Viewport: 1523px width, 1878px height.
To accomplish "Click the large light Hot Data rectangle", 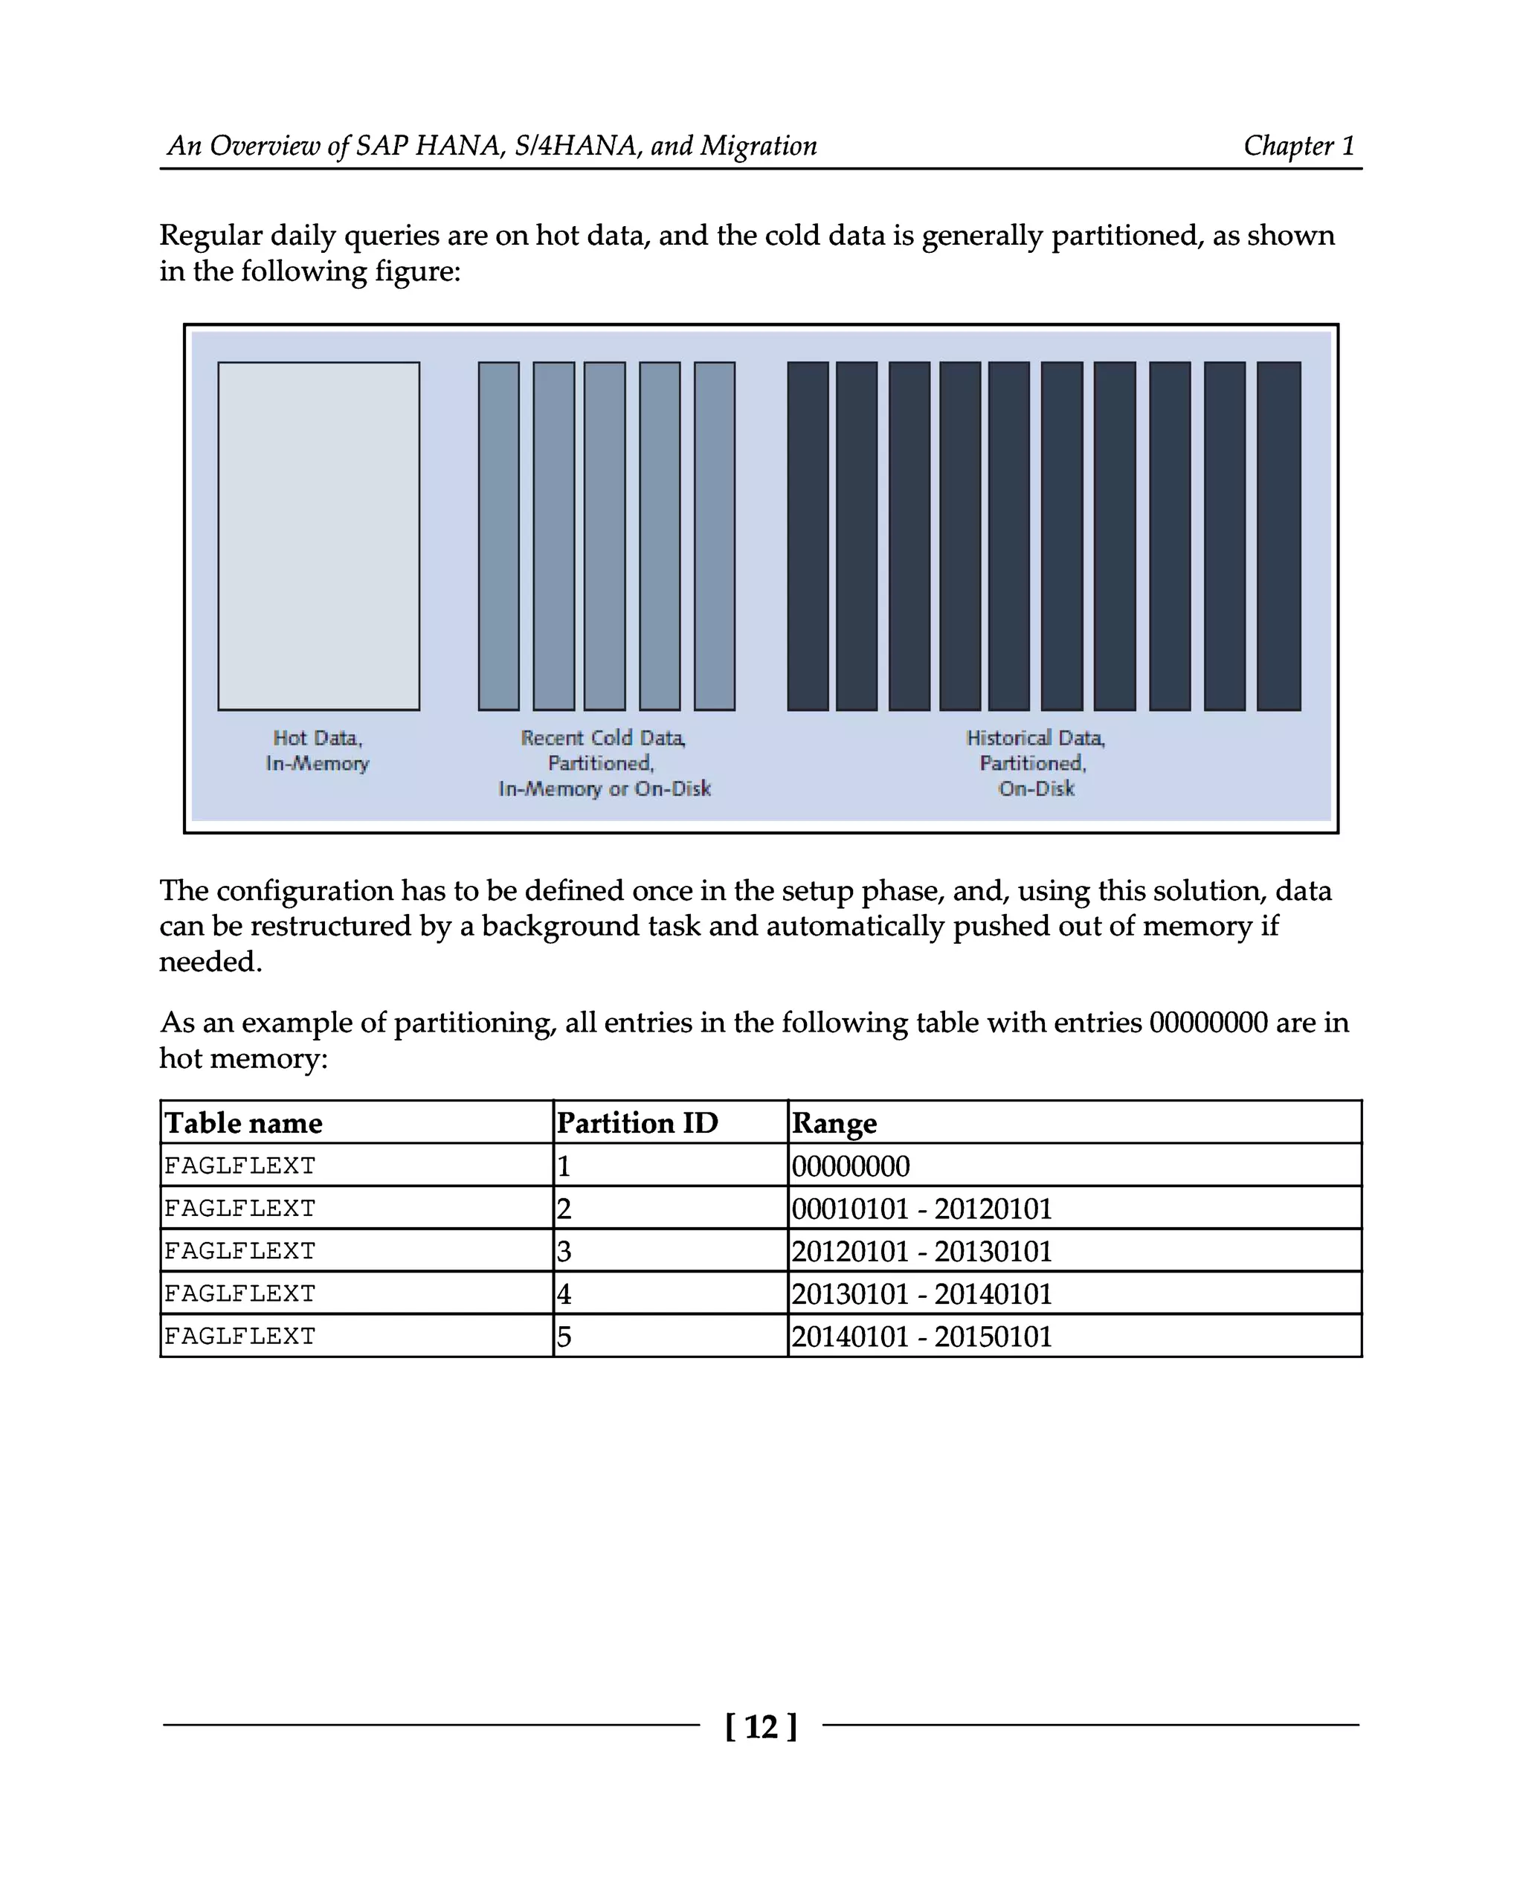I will tap(318, 536).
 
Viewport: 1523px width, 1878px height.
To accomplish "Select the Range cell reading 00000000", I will tap(850, 1166).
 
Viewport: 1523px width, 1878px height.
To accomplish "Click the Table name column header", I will tap(244, 1123).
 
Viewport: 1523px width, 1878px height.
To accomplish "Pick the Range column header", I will tap(834, 1123).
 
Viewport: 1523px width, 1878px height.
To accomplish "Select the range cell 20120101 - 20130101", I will tap(921, 1252).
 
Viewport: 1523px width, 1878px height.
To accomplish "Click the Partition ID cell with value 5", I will tap(564, 1337).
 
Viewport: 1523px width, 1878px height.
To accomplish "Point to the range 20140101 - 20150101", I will tap(921, 1337).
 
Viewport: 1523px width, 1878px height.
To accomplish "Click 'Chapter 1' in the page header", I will tap(1298, 146).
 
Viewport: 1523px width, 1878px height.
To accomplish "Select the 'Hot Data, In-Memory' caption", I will tap(318, 750).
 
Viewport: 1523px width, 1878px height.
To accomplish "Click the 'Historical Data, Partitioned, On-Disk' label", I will tap(1035, 762).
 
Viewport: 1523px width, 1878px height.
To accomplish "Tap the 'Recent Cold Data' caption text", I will tap(604, 738).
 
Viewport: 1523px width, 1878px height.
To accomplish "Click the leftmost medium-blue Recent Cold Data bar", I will tap(498, 536).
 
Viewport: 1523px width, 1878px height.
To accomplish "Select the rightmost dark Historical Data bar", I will tap(1278, 536).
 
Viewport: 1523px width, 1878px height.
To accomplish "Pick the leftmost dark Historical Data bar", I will tap(807, 536).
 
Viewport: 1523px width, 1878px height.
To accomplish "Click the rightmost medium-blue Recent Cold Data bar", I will tap(714, 536).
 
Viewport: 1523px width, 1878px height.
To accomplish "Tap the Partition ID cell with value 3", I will tap(564, 1252).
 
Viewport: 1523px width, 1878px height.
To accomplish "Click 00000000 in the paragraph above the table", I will tap(1208, 1023).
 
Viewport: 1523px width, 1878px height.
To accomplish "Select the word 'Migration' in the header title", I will tap(758, 146).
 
